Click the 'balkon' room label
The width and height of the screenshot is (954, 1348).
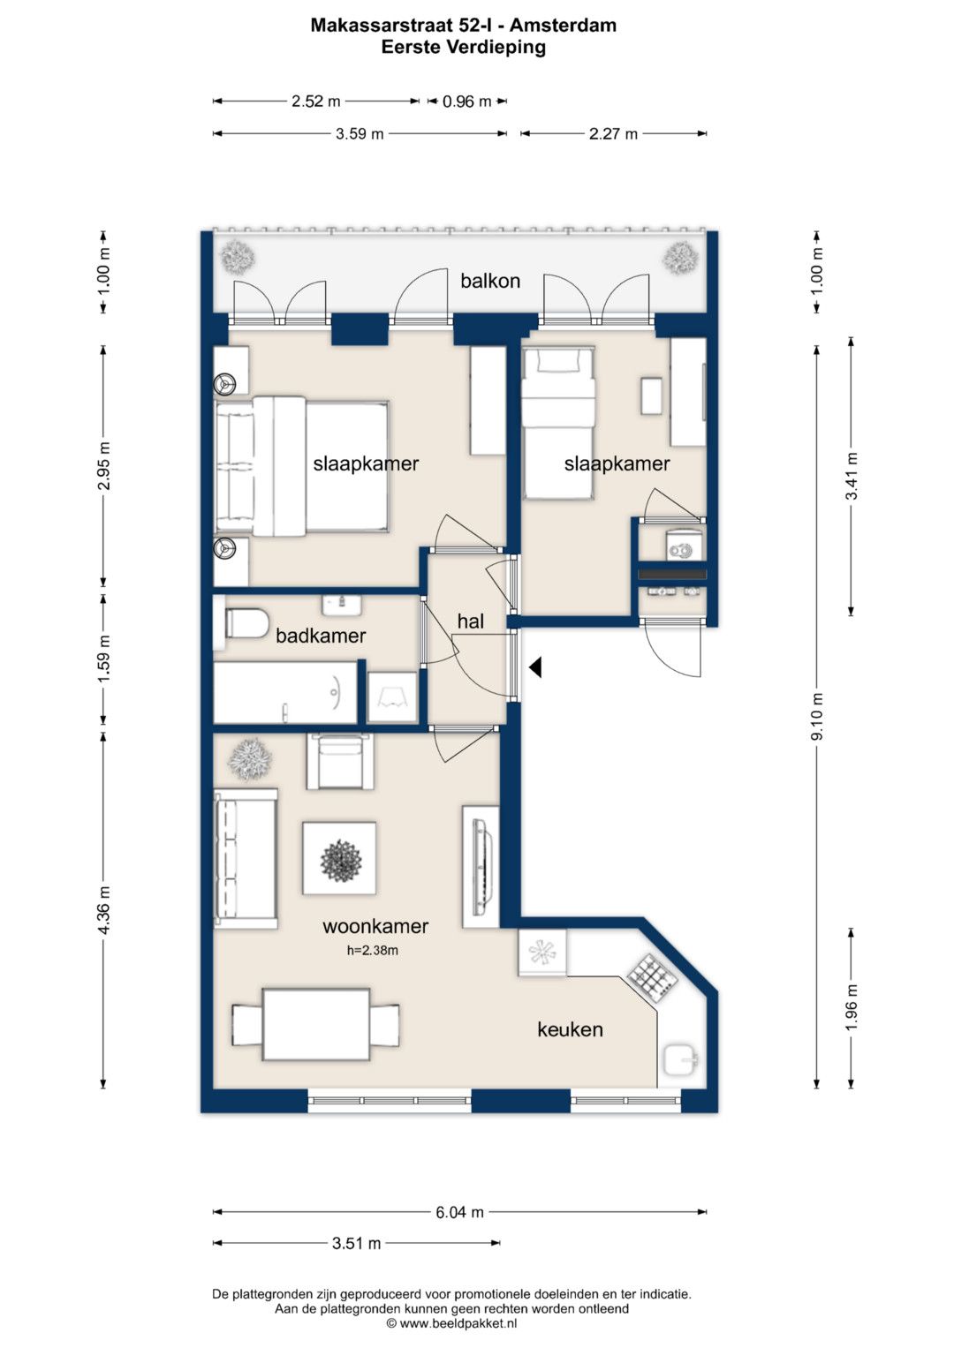pos(490,281)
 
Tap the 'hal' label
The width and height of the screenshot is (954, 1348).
pos(470,621)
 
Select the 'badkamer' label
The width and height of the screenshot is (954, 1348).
pos(321,636)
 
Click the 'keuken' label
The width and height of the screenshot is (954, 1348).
pos(570,1029)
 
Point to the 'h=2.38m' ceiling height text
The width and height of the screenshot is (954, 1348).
pos(372,951)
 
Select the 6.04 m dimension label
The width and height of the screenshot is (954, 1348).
pos(459,1211)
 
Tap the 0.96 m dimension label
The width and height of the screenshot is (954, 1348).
pos(466,102)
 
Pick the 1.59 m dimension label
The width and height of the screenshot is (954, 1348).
pos(103,659)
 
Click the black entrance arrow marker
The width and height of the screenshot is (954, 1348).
pos(535,666)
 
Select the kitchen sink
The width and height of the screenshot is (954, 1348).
pos(680,1060)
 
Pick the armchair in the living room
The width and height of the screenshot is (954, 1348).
pos(340,761)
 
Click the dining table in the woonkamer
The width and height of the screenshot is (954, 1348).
pos(315,1024)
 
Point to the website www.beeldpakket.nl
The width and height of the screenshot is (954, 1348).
pos(458,1323)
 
